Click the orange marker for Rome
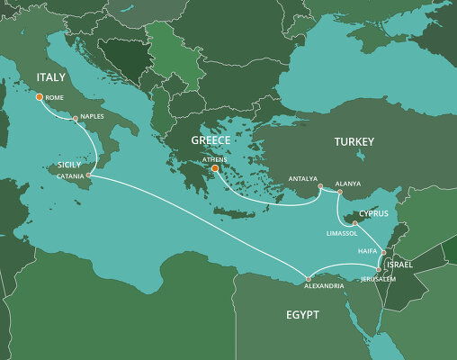pyautogui.click(x=40, y=97)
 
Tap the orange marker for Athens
pyautogui.click(x=215, y=167)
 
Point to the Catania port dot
pyautogui.click(x=88, y=175)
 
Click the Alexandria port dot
pyautogui.click(x=308, y=276)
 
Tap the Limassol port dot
pyautogui.click(x=354, y=222)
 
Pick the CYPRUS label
pyautogui.click(x=373, y=213)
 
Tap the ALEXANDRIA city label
pyautogui.click(x=322, y=285)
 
